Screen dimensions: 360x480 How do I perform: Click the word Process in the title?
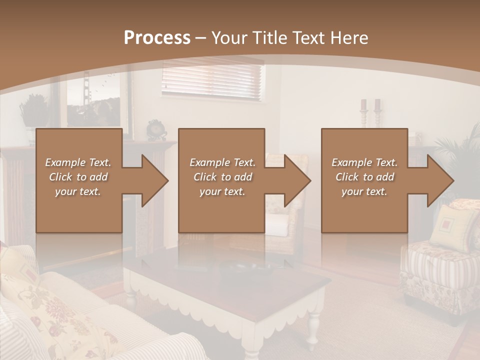pos(157,38)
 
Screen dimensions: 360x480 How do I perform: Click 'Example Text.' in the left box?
pos(78,162)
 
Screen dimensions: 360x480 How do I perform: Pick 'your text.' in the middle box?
pos(222,192)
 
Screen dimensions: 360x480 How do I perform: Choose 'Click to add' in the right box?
pos(364,177)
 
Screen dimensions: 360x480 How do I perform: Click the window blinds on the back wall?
pos(212,79)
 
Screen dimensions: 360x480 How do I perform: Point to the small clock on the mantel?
pos(156,130)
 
